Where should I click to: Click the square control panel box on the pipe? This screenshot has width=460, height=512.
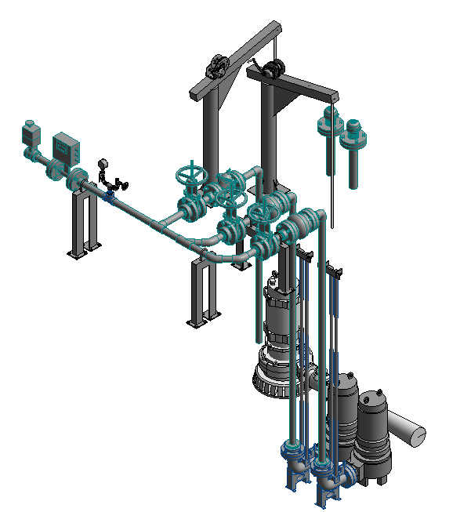66,145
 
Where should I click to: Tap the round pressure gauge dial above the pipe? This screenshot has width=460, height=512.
103,164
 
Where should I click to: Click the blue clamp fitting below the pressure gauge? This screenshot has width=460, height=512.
109,198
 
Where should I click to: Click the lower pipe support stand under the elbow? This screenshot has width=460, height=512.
201,290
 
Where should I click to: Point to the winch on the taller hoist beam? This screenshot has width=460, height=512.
217,66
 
